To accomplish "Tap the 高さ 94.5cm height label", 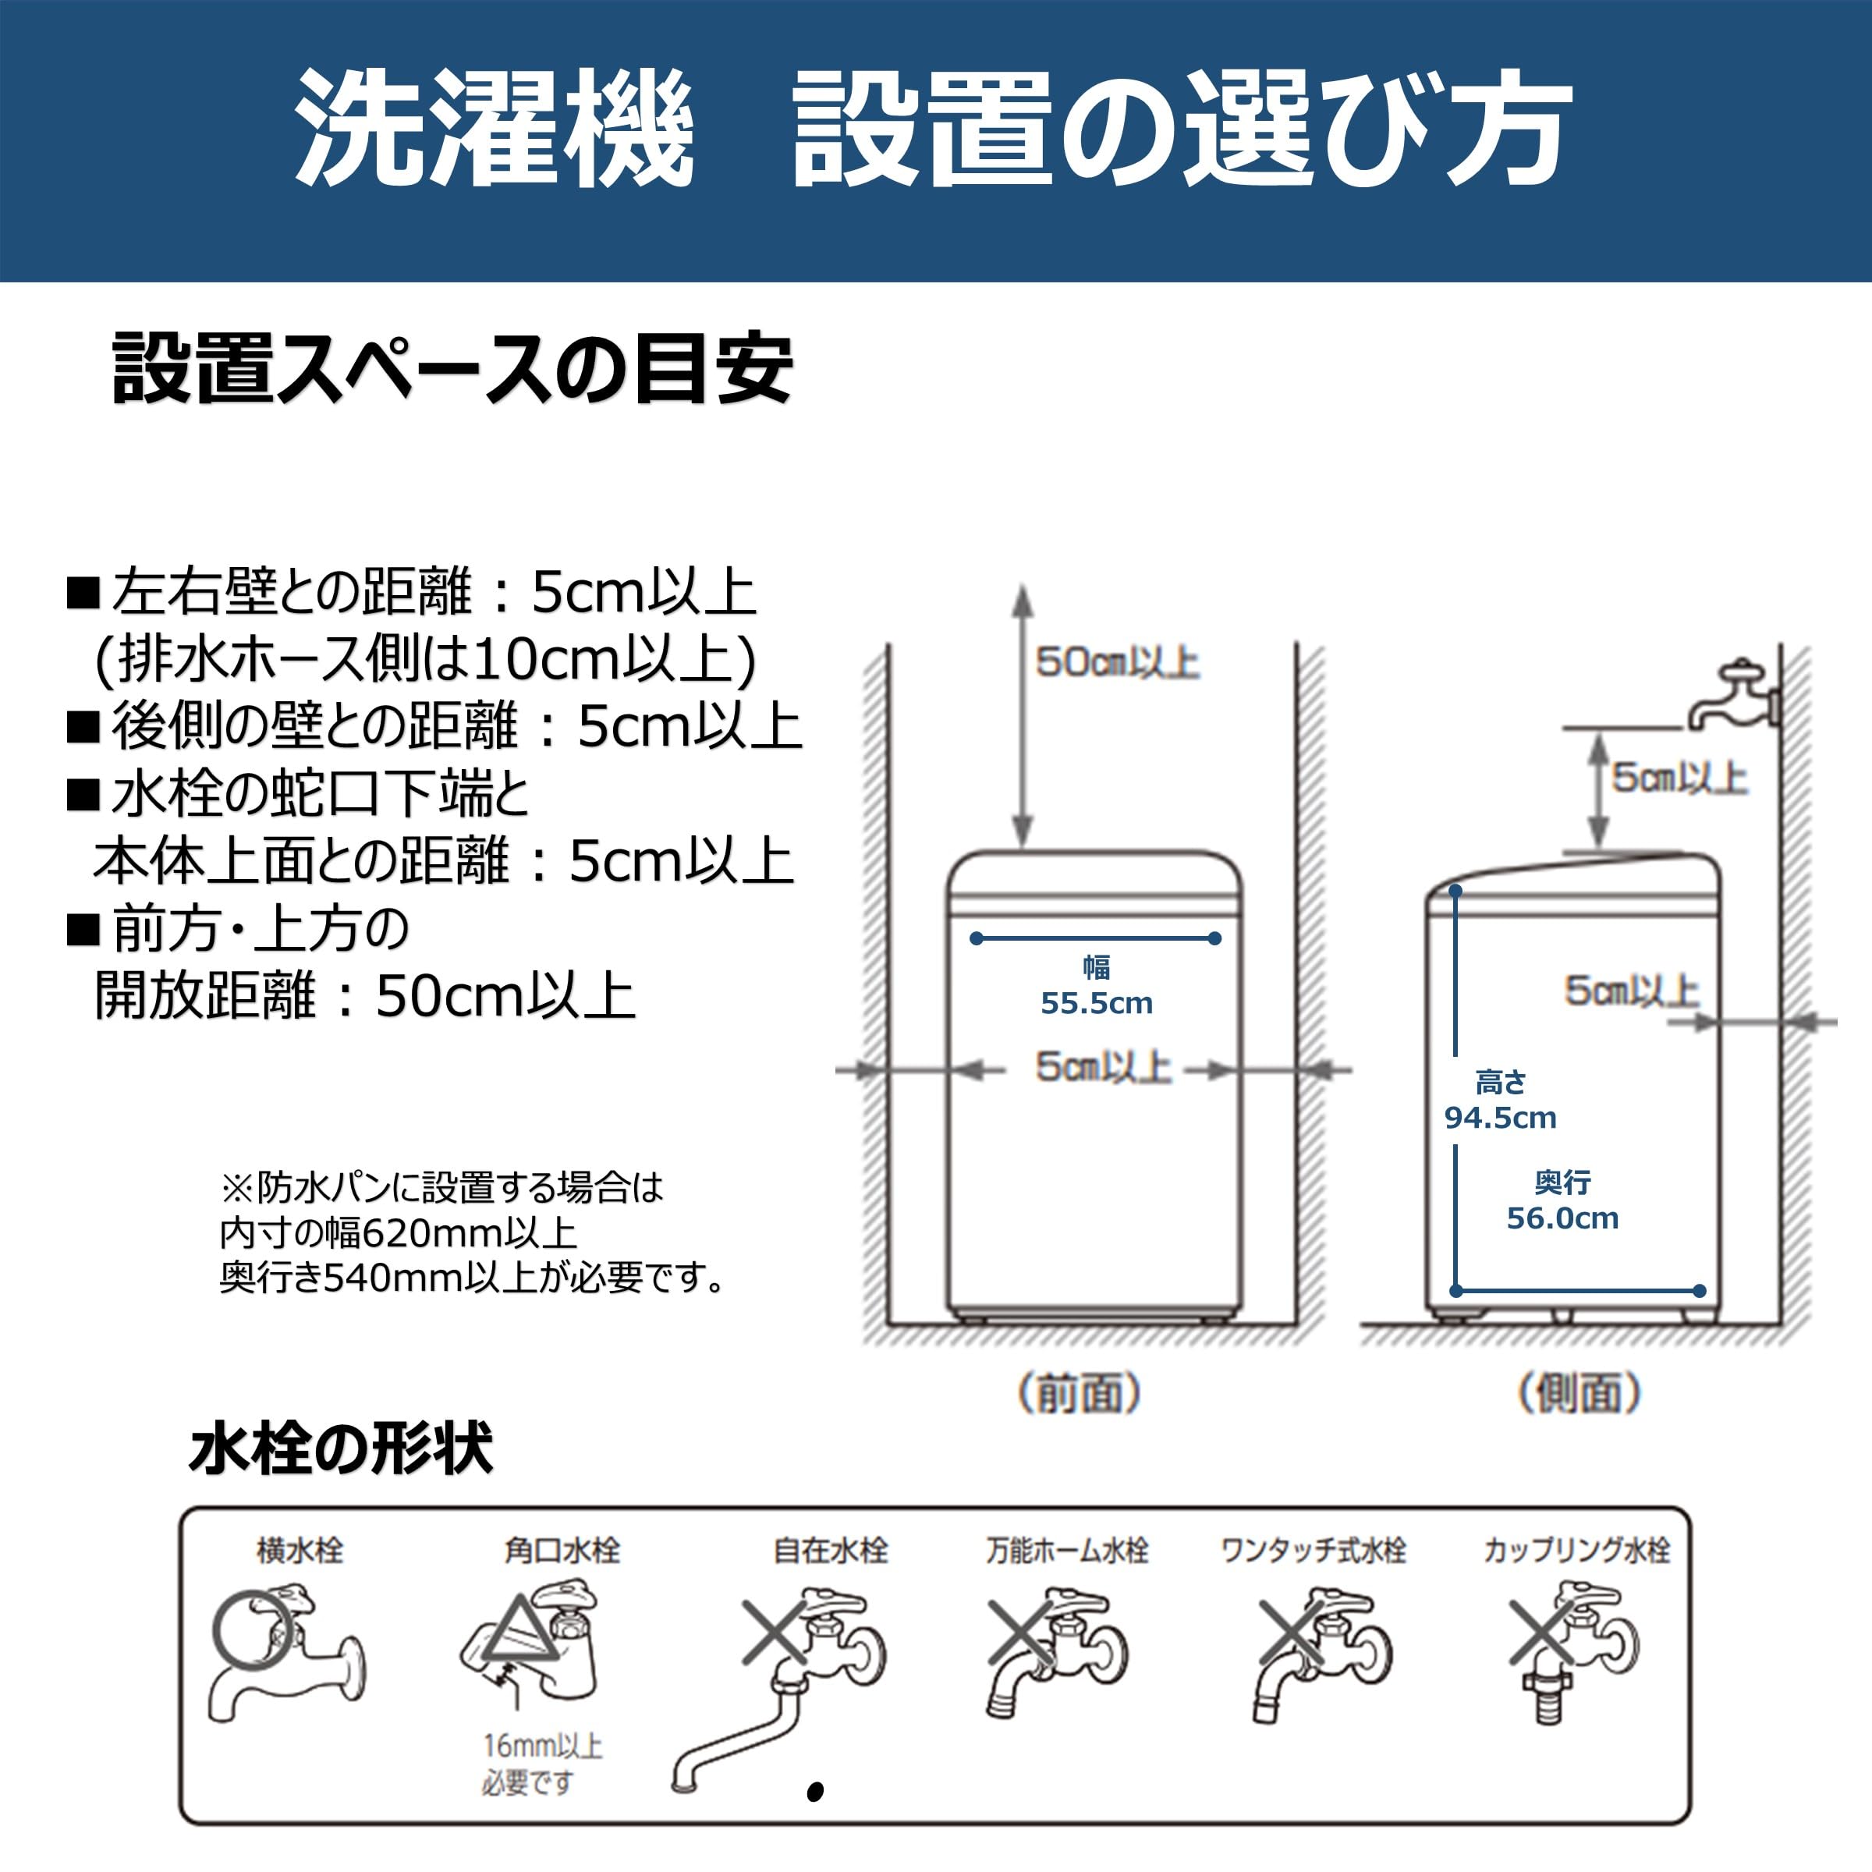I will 1500,1100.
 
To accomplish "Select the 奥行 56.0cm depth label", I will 1562,1200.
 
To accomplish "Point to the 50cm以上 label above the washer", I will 1117,663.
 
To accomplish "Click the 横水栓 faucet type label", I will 300,1551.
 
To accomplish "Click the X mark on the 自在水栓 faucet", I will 775,1632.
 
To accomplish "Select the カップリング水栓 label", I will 1576,1551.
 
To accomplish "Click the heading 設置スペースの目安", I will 452,369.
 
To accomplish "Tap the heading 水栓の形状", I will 341,1449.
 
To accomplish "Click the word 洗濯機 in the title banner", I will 495,129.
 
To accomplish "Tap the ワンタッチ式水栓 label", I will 1313,1551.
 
